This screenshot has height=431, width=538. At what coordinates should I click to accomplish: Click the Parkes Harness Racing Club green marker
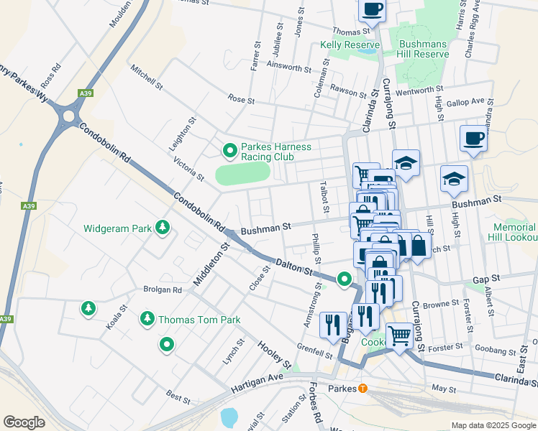229,151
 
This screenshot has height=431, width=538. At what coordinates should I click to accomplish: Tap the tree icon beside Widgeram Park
163,228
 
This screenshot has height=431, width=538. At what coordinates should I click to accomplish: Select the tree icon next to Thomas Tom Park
147,318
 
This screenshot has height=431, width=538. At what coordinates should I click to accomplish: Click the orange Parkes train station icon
363,389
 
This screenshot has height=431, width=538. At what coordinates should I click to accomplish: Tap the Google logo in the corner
24,422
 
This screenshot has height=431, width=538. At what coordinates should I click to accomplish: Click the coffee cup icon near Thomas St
372,9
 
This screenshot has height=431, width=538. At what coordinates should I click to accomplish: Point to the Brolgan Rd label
162,289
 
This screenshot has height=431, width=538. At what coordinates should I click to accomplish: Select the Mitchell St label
148,78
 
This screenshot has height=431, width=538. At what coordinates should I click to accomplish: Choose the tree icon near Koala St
88,309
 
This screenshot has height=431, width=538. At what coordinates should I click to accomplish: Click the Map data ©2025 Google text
493,425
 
